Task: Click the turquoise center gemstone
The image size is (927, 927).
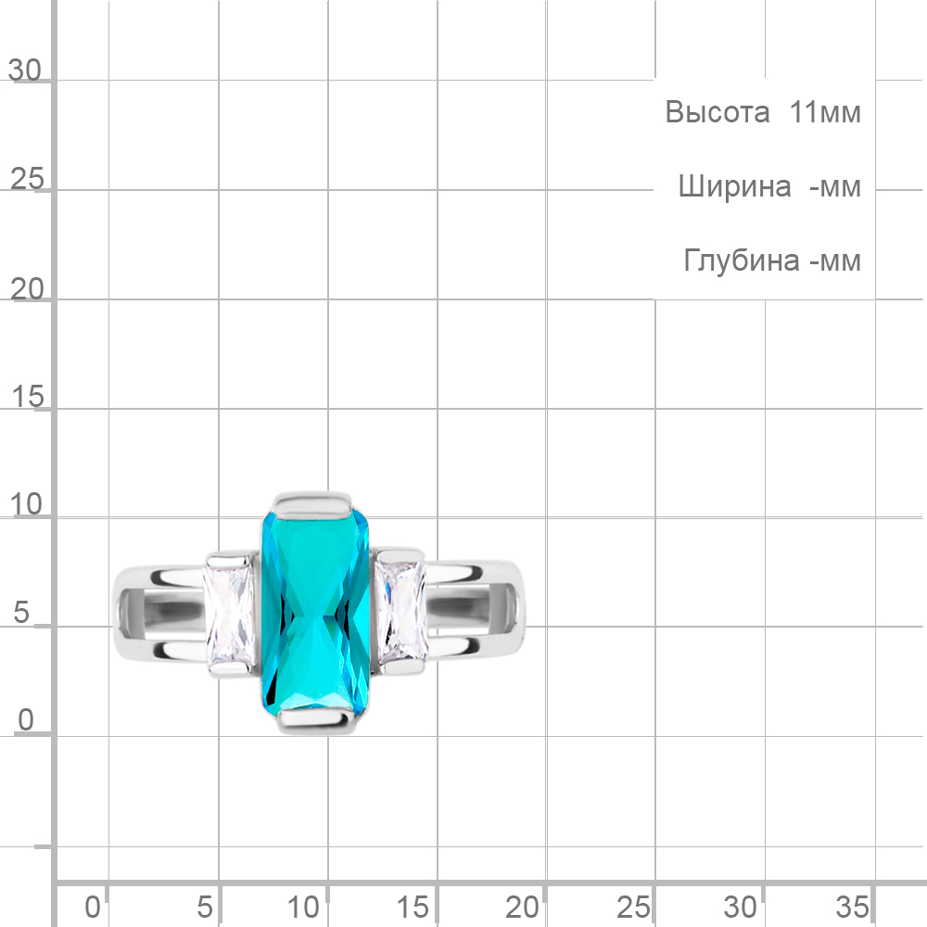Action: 315,614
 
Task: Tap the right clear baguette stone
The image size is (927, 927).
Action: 401,611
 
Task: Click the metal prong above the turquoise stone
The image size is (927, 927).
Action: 312,503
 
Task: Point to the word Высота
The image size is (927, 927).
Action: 717,112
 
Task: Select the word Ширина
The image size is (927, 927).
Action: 734,186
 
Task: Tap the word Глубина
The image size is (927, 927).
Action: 742,260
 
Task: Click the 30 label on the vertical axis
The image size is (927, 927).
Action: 25,70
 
